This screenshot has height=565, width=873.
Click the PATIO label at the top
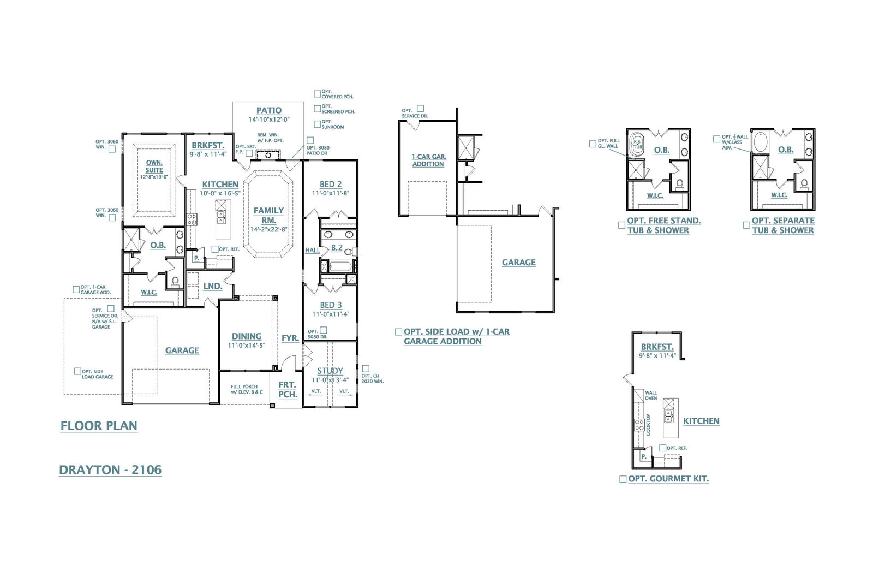click(269, 110)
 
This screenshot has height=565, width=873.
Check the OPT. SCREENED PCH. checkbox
click(318, 109)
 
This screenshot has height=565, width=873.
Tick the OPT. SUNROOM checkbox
click(318, 124)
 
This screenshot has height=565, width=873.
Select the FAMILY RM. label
click(268, 215)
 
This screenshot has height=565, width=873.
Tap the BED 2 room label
click(331, 185)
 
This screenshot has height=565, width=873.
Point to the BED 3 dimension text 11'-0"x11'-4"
click(331, 314)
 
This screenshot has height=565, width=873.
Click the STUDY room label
click(330, 371)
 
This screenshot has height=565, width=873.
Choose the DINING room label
click(247, 336)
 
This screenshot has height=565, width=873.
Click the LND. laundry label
click(212, 286)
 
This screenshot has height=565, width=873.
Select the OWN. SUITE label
click(154, 166)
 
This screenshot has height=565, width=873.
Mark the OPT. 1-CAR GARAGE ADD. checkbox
click(76, 289)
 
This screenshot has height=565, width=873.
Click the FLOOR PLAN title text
click(99, 426)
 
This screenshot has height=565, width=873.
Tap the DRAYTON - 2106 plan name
click(110, 470)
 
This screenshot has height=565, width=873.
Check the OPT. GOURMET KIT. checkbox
click(623, 479)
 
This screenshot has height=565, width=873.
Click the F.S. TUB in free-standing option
click(637, 145)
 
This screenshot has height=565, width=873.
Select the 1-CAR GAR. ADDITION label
click(428, 160)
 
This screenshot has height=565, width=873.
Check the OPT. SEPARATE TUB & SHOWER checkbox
click(746, 225)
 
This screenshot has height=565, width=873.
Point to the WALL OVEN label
click(651, 395)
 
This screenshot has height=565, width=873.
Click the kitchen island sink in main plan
click(221, 217)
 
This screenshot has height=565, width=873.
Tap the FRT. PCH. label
click(288, 389)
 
